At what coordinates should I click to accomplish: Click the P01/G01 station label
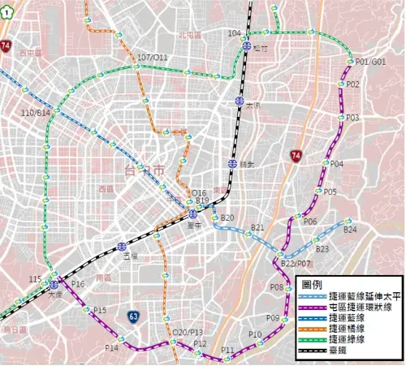[x=369, y=62]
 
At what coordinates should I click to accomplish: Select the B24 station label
[x=350, y=230]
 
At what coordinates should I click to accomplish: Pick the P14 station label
[x=111, y=347]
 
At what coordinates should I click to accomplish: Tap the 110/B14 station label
[x=36, y=112]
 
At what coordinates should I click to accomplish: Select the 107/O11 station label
[x=153, y=58]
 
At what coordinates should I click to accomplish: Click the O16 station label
[x=199, y=192]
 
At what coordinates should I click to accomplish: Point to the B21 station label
[x=257, y=227]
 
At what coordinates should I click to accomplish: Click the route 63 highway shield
[x=133, y=315]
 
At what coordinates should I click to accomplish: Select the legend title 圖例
[x=313, y=285]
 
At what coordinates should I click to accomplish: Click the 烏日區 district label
[x=15, y=329]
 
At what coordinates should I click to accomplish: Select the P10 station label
[x=255, y=334]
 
